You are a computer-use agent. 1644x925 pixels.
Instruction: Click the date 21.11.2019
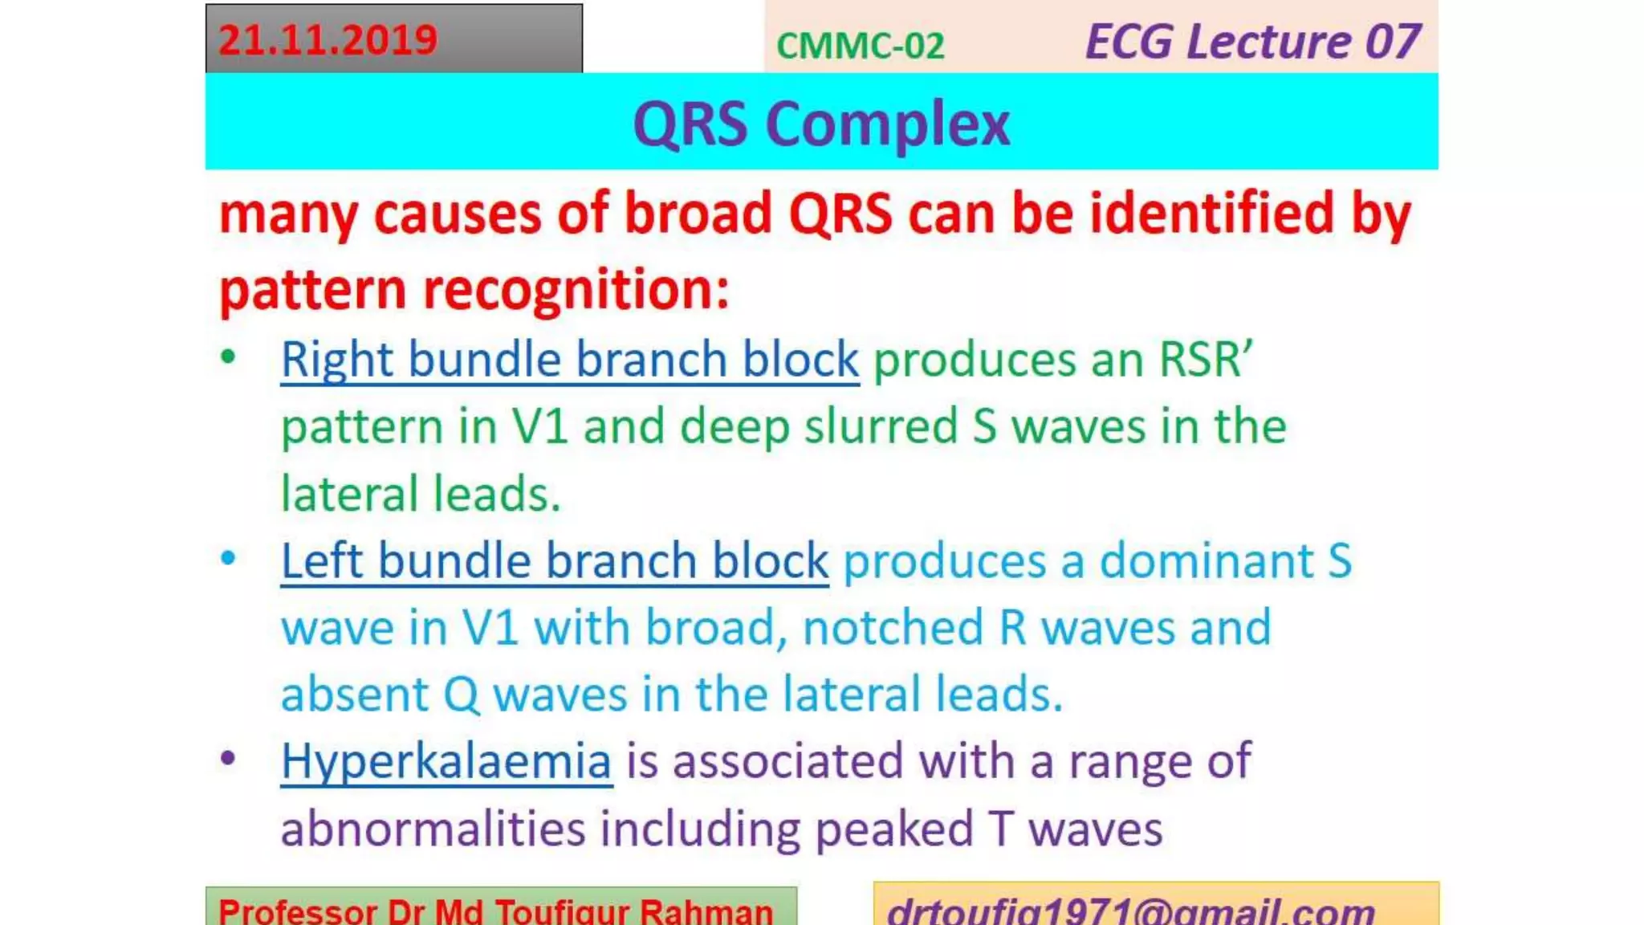tap(328, 40)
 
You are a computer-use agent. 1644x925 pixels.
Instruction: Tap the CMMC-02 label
tap(860, 46)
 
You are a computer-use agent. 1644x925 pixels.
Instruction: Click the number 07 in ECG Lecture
tap(1392, 42)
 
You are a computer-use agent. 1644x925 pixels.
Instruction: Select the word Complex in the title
tap(887, 124)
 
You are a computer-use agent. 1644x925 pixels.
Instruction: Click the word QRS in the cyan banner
tap(690, 124)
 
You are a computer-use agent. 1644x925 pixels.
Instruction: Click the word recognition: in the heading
tap(576, 289)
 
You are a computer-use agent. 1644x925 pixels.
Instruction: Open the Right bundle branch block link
tap(569, 359)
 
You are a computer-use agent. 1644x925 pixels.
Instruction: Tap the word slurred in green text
tap(881, 426)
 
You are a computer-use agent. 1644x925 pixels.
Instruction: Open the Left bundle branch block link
tap(554, 560)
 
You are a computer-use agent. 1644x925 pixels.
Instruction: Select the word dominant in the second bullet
tap(1206, 560)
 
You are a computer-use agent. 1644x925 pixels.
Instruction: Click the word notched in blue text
tap(893, 627)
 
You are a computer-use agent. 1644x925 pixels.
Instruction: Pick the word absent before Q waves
tap(355, 695)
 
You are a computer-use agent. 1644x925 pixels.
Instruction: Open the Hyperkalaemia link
tap(446, 761)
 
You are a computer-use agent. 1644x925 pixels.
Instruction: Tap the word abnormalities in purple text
tap(433, 829)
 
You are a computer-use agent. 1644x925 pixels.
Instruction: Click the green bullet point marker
tap(228, 357)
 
